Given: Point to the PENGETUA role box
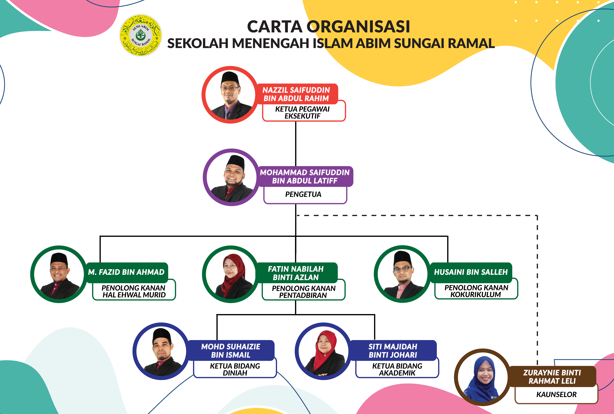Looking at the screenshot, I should pos(304,195).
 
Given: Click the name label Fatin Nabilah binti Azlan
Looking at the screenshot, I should pos(296,273).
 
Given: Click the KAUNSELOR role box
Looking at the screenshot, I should pos(556,394).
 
